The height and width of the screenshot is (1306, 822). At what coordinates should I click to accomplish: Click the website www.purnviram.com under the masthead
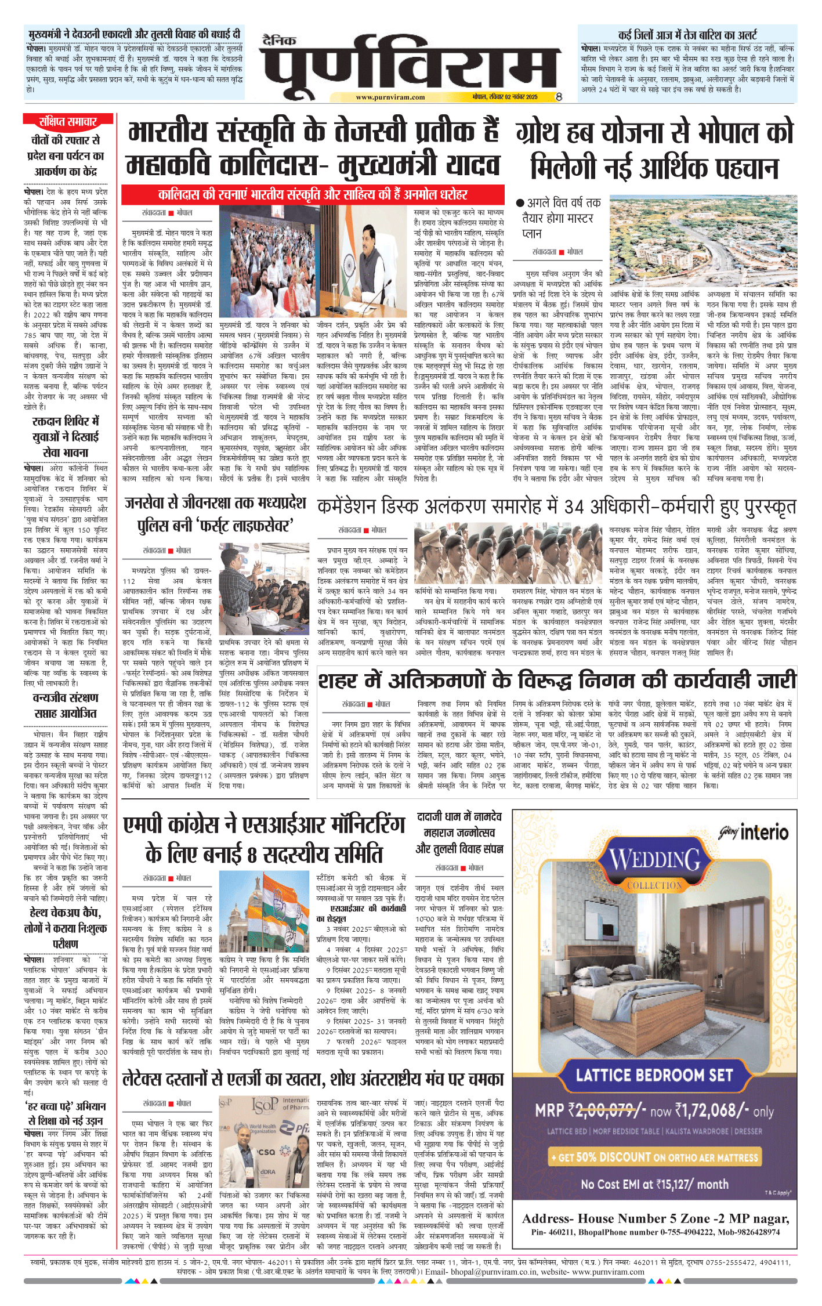tap(390, 97)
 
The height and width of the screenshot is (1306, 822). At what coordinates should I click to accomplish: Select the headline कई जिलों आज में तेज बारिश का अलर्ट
tap(687, 35)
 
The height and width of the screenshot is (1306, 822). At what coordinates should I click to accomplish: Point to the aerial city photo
tap(703, 243)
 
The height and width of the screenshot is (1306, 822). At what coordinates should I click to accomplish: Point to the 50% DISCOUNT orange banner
tap(654, 1157)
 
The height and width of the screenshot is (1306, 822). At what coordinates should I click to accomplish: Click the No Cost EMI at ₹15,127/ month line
tap(654, 1184)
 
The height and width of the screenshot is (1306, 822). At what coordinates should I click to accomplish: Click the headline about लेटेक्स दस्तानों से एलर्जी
tap(313, 1079)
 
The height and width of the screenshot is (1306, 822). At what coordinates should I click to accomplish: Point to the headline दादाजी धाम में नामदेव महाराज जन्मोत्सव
tap(459, 833)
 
